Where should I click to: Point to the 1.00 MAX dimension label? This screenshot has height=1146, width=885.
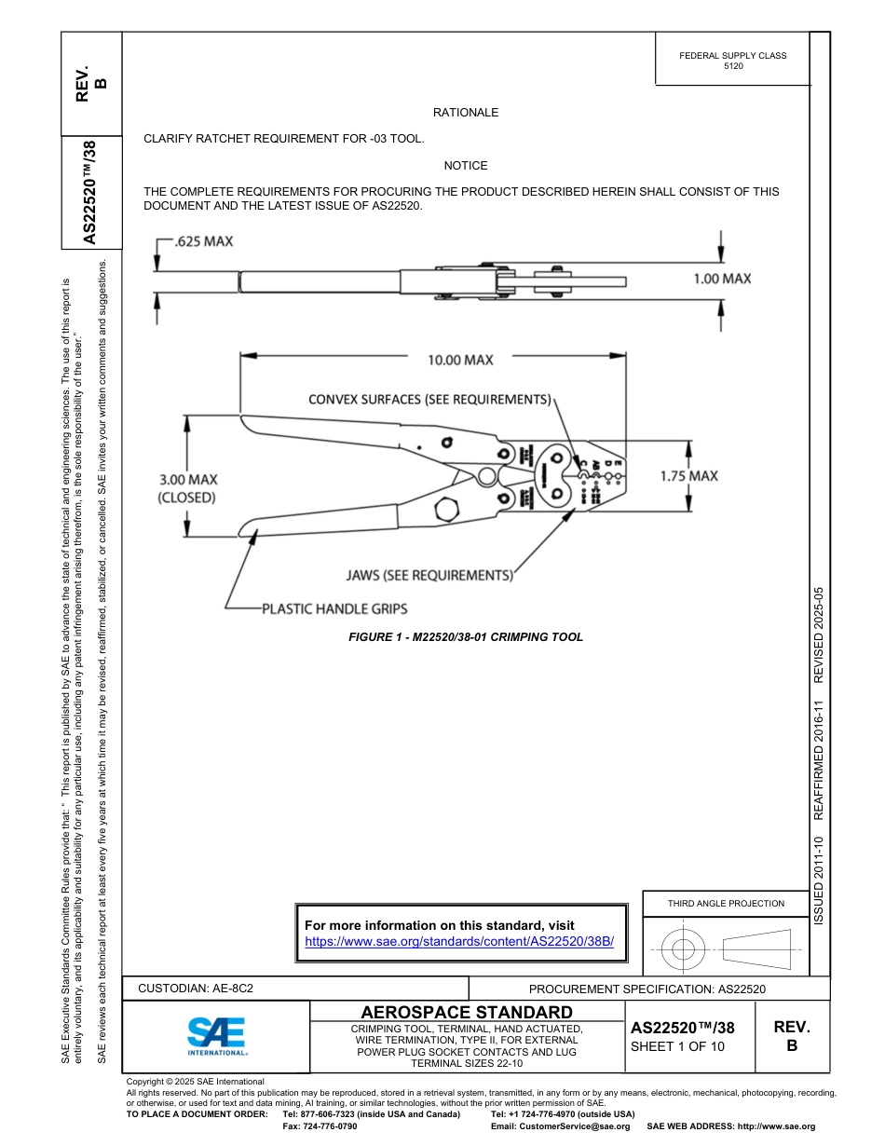pos(722,279)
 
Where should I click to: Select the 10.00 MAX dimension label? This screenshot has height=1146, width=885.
pos(460,360)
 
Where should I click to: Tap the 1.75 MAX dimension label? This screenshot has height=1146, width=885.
pos(688,476)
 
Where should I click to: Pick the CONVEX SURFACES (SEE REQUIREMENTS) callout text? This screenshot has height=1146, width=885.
pos(430,400)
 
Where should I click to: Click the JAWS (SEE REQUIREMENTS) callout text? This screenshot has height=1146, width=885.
pos(429,576)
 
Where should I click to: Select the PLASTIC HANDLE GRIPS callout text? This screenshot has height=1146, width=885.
pos(334,609)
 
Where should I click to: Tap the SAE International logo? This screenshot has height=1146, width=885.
pos(216,1035)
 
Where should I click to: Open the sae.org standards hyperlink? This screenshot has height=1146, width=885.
pos(460,942)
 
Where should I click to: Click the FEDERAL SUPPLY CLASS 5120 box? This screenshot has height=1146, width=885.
pos(732,61)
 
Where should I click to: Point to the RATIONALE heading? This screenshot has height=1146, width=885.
pos(466,113)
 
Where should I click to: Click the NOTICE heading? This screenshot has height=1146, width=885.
pos(466,166)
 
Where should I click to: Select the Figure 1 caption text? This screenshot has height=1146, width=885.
pos(466,637)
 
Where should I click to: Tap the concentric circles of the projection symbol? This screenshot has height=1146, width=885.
pos(684,950)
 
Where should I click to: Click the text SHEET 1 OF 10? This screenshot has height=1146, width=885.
pos(677,1046)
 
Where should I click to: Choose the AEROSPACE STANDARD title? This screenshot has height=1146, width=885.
pos(467,1012)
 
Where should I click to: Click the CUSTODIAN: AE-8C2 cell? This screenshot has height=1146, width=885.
pos(196,988)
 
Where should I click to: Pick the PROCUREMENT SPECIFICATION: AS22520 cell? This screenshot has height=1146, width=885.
pos(647,989)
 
